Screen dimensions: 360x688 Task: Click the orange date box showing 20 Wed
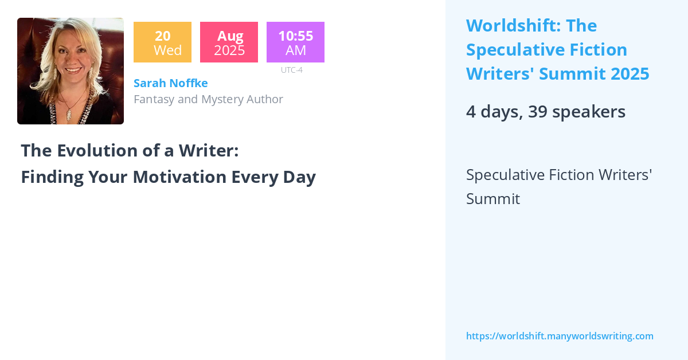pyautogui.click(x=162, y=42)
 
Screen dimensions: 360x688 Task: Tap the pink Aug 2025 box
pyautogui.click(x=229, y=42)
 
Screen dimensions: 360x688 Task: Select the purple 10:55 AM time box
pyautogui.click(x=295, y=42)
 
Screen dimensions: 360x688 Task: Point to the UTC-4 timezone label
pyautogui.click(x=292, y=70)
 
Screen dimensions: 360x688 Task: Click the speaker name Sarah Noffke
pyautogui.click(x=171, y=83)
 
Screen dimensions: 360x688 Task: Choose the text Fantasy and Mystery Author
pyautogui.click(x=208, y=99)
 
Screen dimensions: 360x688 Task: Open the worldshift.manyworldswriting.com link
pyautogui.click(x=560, y=336)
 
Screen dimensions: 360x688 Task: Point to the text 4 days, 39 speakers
pyautogui.click(x=545, y=112)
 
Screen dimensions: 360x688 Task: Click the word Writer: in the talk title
pyautogui.click(x=208, y=150)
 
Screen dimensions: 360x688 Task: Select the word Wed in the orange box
pyautogui.click(x=167, y=50)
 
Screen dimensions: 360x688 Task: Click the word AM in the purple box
pyautogui.click(x=296, y=50)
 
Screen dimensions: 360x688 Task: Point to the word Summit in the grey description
pyautogui.click(x=493, y=199)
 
